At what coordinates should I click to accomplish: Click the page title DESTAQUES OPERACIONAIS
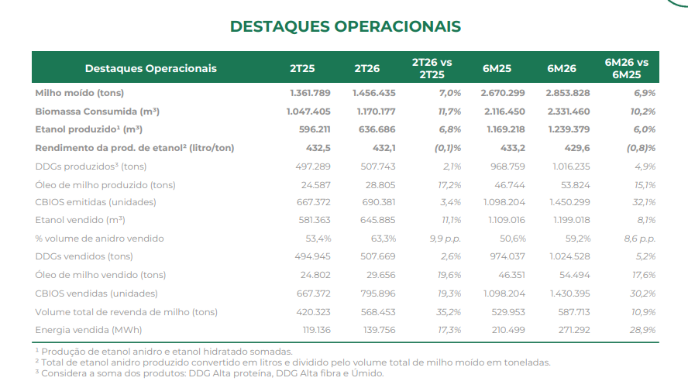click(345, 26)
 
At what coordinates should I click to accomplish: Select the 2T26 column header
click(366, 68)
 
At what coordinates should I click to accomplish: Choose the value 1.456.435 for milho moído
click(375, 93)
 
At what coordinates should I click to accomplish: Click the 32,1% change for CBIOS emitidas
click(644, 202)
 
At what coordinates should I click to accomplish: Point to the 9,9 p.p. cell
click(445, 239)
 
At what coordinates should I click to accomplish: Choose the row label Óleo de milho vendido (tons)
click(101, 275)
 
